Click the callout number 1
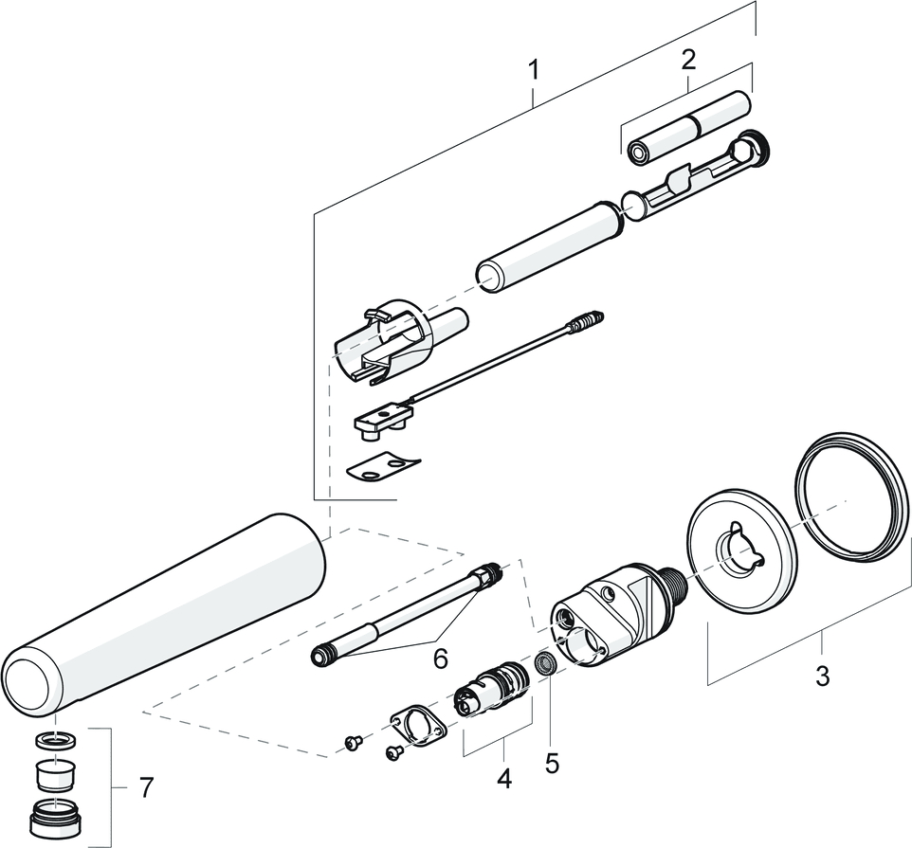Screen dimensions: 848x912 tap(535, 71)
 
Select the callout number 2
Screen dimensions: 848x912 tap(688, 59)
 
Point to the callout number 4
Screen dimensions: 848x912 tap(504, 778)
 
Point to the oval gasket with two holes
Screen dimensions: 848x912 tap(419, 726)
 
